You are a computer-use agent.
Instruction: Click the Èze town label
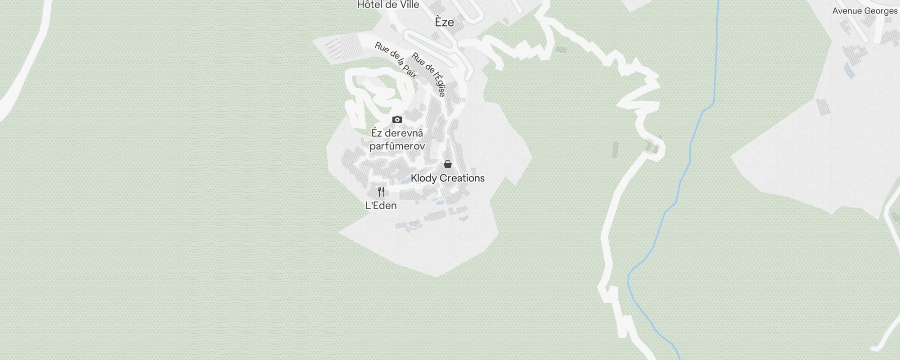coord(444,22)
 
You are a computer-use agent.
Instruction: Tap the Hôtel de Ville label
coord(388,5)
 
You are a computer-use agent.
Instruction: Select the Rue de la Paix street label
coord(396,60)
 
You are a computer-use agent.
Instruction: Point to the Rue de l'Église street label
coord(429,75)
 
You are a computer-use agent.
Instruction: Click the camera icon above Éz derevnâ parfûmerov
coord(397,119)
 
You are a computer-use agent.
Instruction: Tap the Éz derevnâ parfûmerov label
coord(397,139)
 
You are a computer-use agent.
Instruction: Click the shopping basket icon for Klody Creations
coord(448,164)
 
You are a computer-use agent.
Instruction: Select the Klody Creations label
coord(447,178)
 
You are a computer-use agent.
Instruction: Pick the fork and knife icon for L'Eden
coord(381,192)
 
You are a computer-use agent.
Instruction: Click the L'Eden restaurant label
coord(381,206)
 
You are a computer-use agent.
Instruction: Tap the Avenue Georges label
coord(864,11)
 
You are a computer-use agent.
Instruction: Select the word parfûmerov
coord(397,146)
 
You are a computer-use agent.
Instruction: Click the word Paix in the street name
coord(409,72)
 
